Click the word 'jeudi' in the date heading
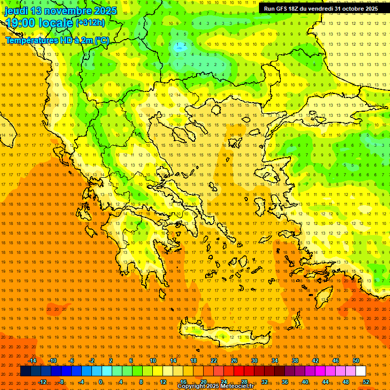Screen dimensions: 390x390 click(18, 11)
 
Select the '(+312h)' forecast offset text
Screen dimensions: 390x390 click(90, 23)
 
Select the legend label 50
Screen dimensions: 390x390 click(356, 361)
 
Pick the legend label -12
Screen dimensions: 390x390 click(43, 382)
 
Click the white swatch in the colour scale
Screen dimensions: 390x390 click(361, 371)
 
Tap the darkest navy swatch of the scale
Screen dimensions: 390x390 click(25, 371)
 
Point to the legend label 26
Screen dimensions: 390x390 click(234, 361)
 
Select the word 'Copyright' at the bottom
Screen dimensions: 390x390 click(192, 386)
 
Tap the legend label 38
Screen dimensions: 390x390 click(295, 361)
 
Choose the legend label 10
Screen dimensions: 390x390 click(153, 361)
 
